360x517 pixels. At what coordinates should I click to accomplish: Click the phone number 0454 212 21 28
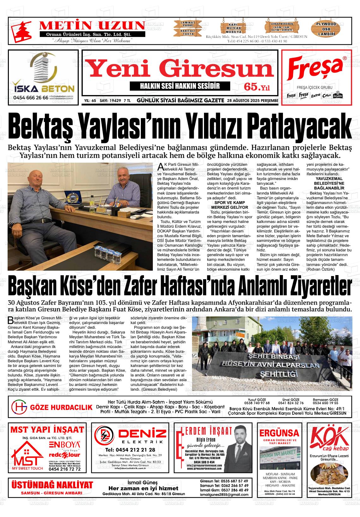(130, 450)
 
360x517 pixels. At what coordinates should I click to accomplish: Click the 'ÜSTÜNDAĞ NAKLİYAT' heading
(52, 485)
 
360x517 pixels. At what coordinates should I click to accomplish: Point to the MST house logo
(27, 455)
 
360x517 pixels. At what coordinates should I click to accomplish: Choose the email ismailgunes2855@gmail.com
(224, 494)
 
